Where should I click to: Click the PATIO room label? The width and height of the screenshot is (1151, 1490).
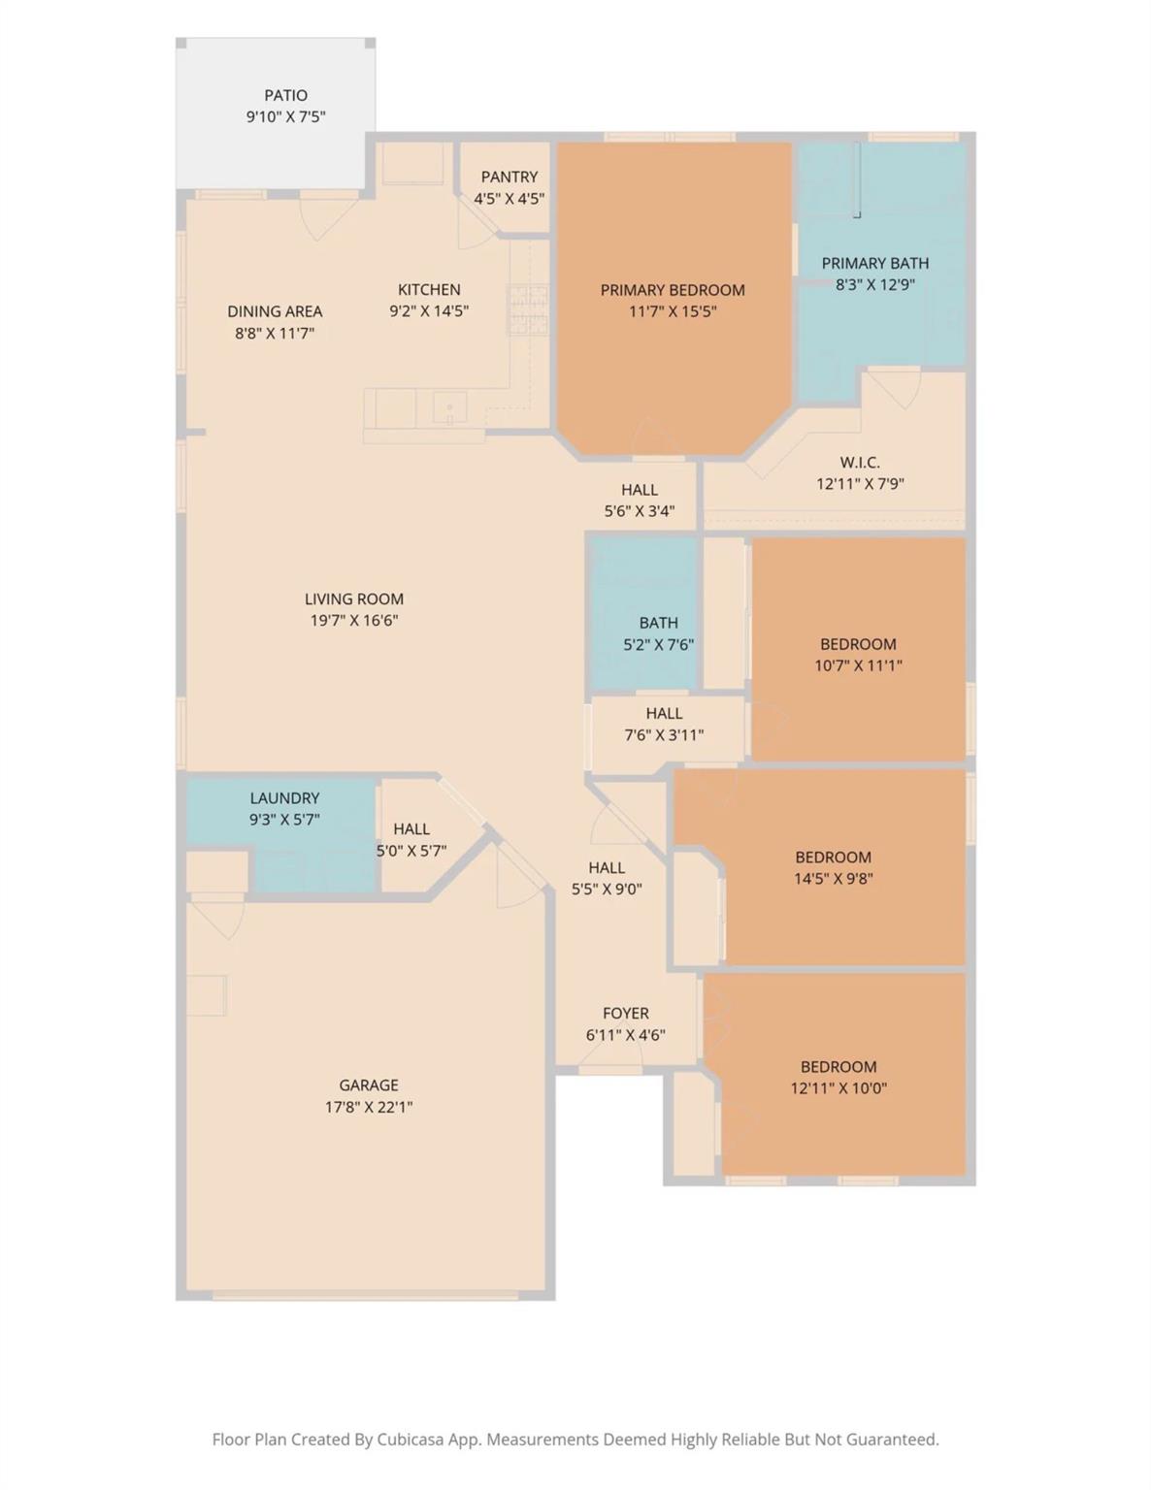tap(285, 95)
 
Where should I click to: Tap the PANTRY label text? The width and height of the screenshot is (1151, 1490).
tap(509, 177)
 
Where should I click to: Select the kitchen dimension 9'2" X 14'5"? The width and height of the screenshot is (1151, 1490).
tap(429, 311)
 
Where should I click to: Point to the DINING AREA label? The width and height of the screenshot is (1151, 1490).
tap(275, 311)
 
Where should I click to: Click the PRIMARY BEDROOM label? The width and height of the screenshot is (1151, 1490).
tap(673, 290)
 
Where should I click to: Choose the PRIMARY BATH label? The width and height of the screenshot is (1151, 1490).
tap(874, 263)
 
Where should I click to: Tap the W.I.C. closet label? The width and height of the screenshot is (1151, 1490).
tap(860, 463)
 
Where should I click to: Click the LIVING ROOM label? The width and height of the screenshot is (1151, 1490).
tap(354, 599)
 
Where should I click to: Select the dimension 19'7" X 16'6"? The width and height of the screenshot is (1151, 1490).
tap(354, 621)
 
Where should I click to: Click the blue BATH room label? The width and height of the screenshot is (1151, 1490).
tap(659, 623)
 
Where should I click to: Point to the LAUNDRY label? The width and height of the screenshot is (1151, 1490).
tap(284, 798)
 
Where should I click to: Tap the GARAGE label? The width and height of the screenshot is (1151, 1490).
tap(369, 1085)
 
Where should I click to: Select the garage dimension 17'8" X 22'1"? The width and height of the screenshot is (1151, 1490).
tap(369, 1107)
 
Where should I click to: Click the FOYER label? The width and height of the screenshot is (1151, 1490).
tap(626, 1013)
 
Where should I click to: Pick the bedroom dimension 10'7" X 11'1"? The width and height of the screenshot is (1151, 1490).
tap(858, 665)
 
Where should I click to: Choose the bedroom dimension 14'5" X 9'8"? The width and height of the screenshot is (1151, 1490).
tap(833, 878)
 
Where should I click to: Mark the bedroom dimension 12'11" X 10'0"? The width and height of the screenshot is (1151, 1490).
tap(839, 1088)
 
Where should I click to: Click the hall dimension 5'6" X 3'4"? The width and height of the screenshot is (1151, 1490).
tap(640, 511)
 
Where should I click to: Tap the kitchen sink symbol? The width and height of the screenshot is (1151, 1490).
tap(450, 407)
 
